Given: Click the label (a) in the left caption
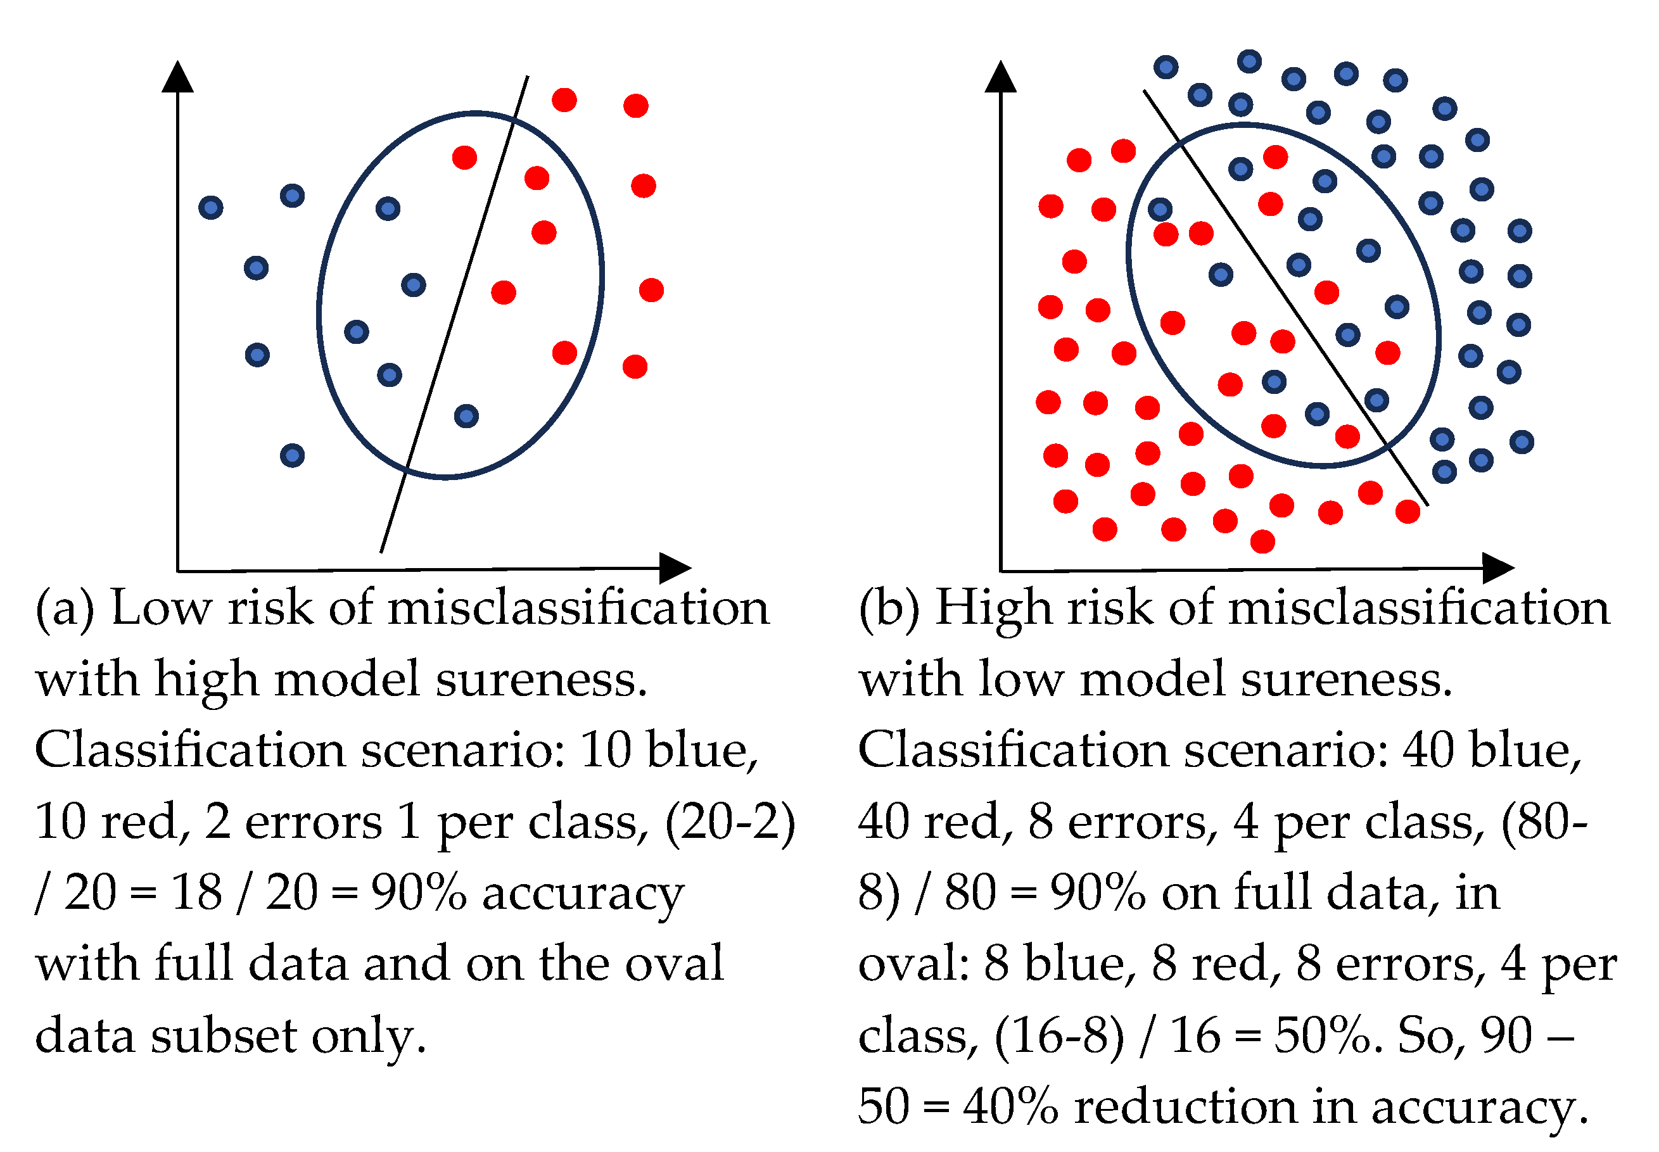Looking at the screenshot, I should click(x=65, y=608).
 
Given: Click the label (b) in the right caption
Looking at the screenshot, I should click(x=889, y=608).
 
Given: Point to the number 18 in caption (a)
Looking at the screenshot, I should click(x=196, y=892).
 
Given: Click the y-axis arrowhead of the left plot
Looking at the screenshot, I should click(x=177, y=77).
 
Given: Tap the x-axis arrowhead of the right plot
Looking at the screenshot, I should click(x=1497, y=568).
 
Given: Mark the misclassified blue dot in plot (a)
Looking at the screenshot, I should click(x=466, y=415).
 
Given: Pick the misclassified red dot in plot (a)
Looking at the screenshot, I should click(x=464, y=156).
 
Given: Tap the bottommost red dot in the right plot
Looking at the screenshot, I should click(x=1262, y=541).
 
